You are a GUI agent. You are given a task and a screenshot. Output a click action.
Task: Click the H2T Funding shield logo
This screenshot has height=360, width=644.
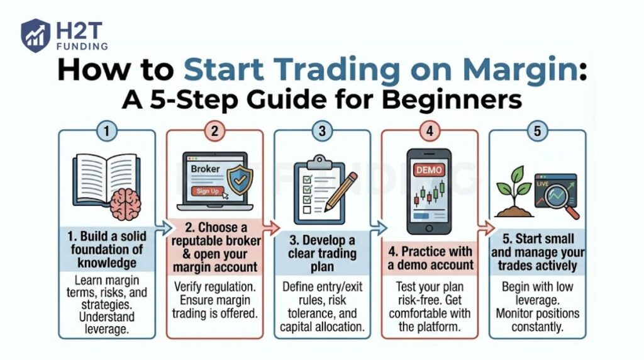coord(35,35)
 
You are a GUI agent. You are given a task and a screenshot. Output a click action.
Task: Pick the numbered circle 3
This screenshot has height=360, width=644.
coord(322,131)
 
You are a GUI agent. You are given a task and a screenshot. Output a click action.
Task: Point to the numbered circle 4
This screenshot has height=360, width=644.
coord(430,131)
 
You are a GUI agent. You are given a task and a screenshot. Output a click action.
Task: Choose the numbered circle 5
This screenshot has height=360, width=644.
coord(537,131)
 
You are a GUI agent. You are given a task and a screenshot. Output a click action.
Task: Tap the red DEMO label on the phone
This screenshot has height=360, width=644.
coord(430,170)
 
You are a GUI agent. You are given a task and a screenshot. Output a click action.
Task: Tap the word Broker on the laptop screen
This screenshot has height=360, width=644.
coord(205,169)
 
